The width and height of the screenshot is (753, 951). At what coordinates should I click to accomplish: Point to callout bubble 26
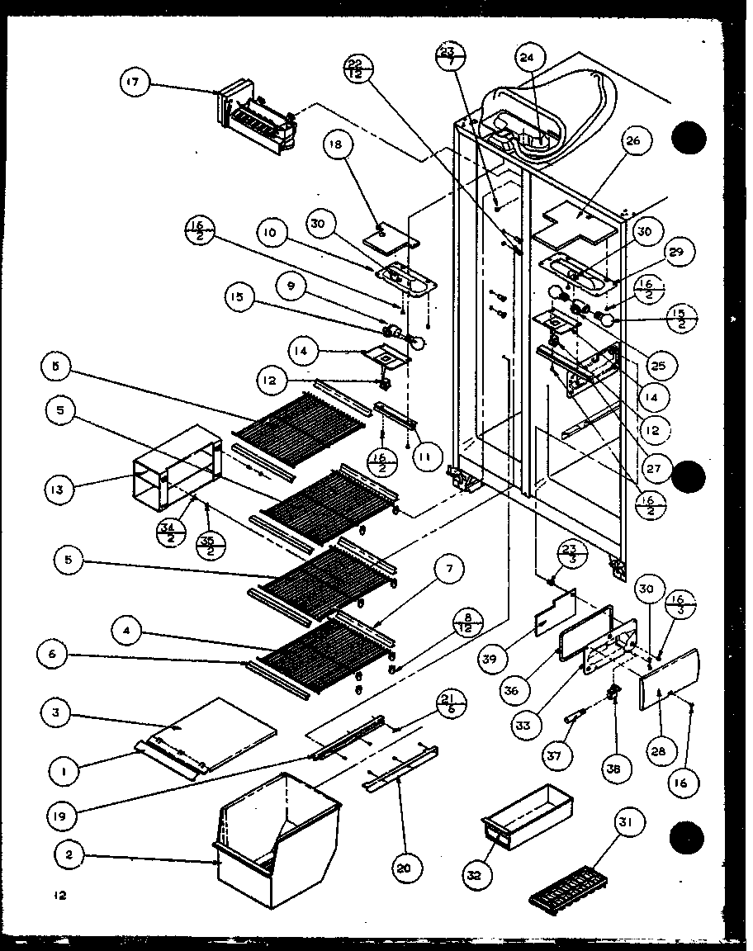point(633,140)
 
